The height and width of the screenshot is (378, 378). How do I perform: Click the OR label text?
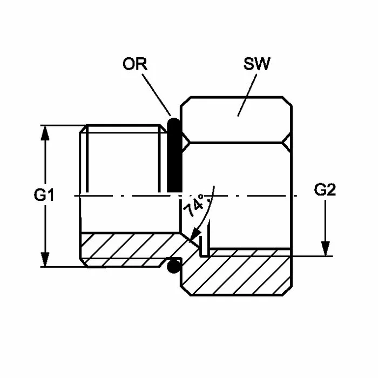click(x=135, y=64)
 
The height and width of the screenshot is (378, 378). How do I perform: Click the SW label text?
click(x=256, y=64)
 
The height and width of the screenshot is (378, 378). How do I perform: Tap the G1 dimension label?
click(x=44, y=195)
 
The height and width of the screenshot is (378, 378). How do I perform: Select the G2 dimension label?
click(x=325, y=190)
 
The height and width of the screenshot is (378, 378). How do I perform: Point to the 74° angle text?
click(x=194, y=205)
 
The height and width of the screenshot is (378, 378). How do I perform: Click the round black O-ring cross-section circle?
click(x=174, y=266)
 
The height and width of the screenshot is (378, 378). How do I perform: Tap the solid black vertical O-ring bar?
click(x=174, y=155)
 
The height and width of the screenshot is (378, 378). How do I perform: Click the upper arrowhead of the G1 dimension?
click(x=45, y=133)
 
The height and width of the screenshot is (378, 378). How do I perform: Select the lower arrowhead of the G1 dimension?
click(x=45, y=259)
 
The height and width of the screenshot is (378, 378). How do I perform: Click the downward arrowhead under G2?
click(x=325, y=248)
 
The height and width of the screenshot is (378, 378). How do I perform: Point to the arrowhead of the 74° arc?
click(x=195, y=234)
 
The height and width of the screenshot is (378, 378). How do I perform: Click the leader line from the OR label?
click(x=157, y=94)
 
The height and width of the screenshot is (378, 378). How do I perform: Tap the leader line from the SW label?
click(x=247, y=95)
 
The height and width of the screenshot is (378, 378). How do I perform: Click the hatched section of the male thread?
click(x=128, y=249)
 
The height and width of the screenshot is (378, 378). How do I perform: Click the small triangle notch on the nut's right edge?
click(x=287, y=143)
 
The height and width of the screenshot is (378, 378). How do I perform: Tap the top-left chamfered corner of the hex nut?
click(x=186, y=102)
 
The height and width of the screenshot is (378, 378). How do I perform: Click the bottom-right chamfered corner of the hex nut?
click(x=287, y=291)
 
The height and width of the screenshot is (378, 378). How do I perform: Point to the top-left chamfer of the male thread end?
click(x=83, y=129)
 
